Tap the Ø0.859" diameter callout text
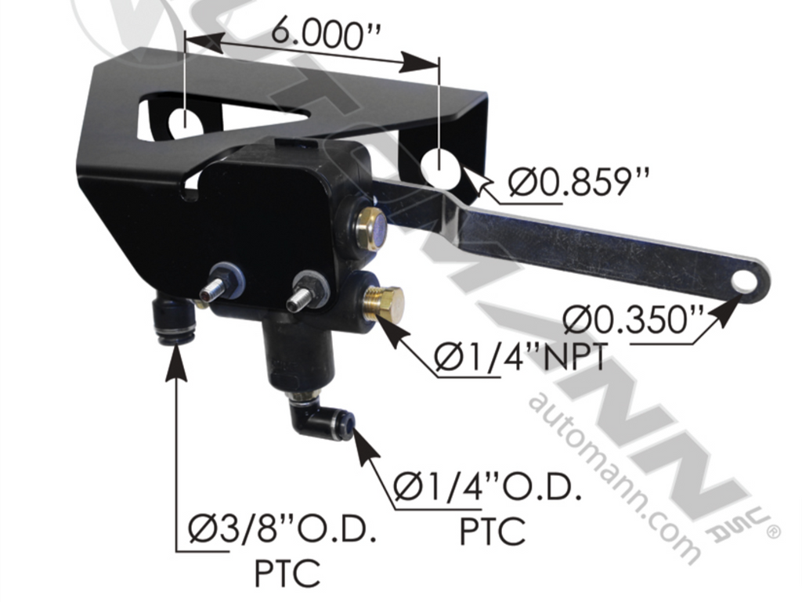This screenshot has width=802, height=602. [x=579, y=181]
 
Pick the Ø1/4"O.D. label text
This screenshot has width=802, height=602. [x=488, y=487]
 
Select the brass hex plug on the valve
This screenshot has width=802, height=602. [x=383, y=305]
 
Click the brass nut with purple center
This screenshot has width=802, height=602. [x=372, y=229]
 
